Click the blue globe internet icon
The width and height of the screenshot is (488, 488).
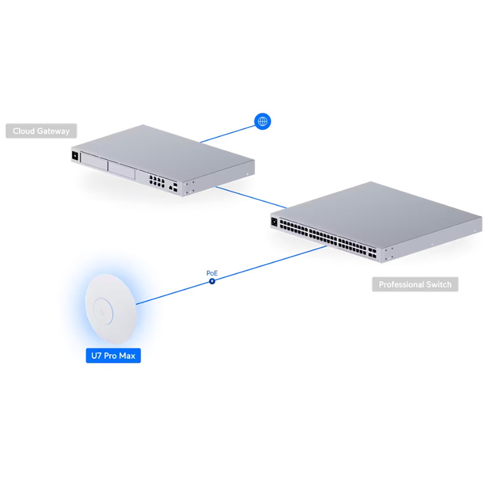point(262,121)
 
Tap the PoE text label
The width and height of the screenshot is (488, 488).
point(212,273)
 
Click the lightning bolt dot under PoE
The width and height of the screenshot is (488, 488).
point(212,281)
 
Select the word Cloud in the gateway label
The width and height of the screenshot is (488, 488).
point(23,131)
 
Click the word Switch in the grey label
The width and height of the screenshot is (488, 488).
point(439,284)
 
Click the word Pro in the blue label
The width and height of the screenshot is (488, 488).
point(110,356)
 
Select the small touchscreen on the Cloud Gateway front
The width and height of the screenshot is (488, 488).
point(75,156)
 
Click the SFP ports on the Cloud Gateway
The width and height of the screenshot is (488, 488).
point(175,186)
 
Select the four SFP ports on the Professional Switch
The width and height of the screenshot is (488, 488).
point(372,253)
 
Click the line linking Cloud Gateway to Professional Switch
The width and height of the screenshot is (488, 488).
point(250,197)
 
